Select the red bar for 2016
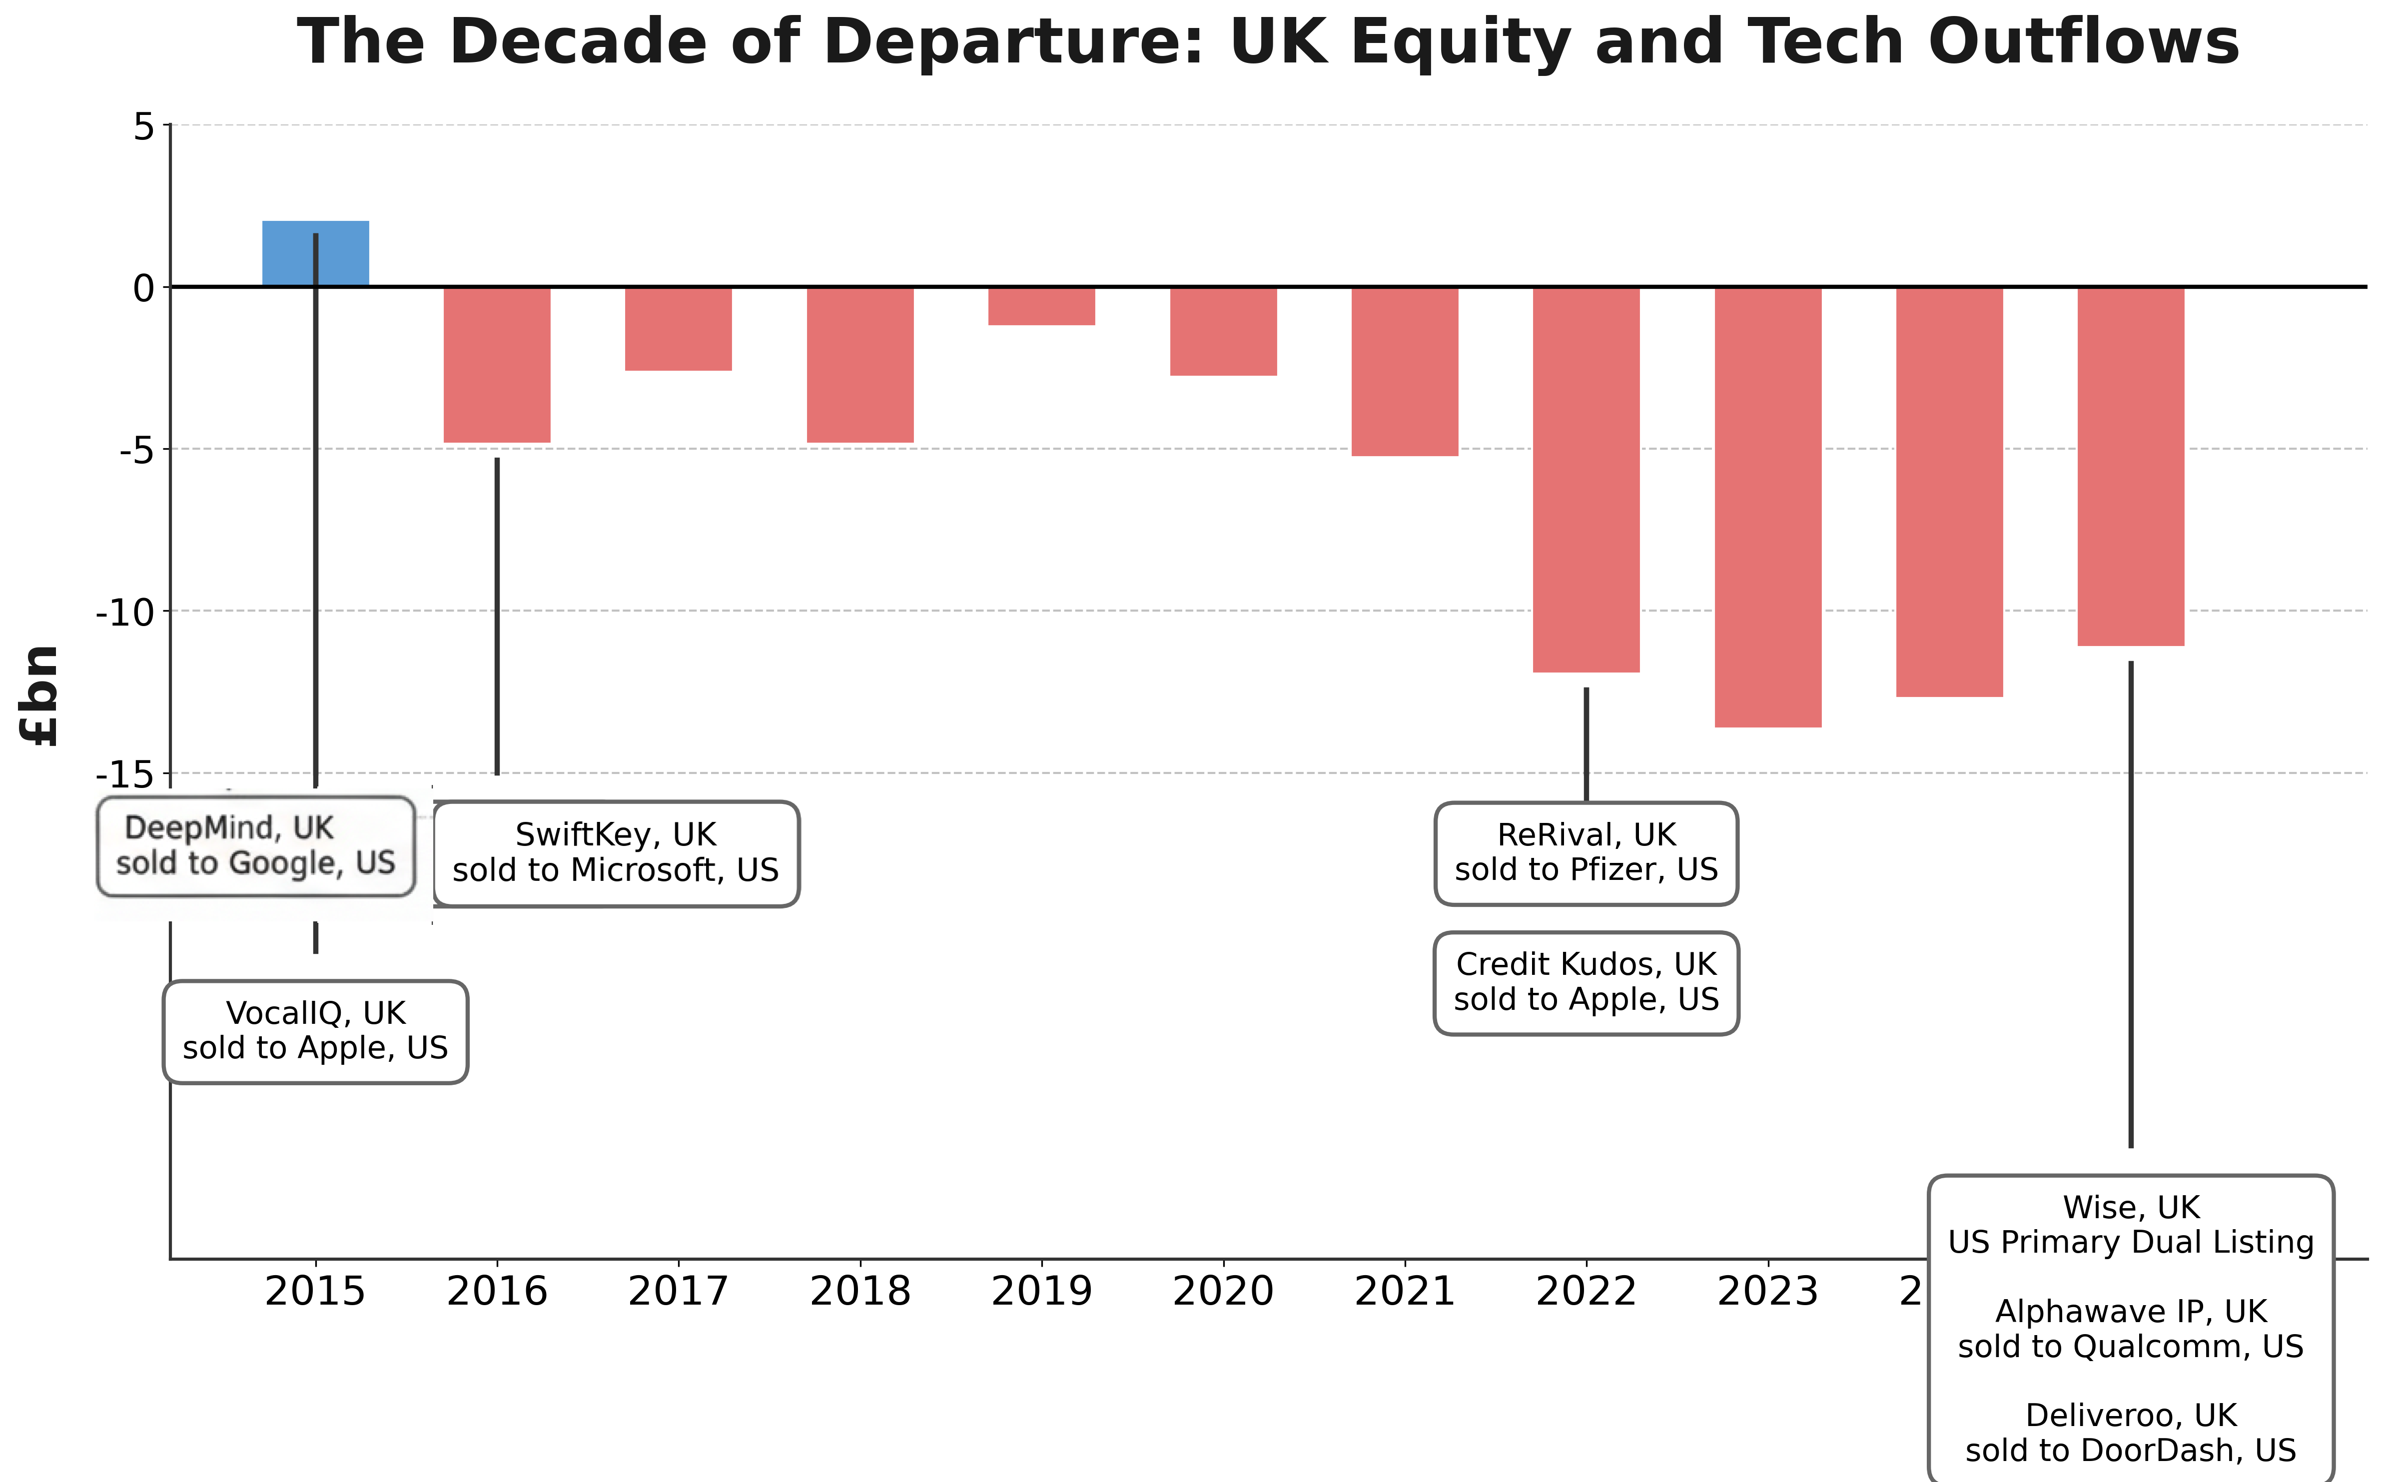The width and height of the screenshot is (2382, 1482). pos(497,365)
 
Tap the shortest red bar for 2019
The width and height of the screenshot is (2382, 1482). pos(1041,306)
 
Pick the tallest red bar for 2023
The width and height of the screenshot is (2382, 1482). pos(1767,507)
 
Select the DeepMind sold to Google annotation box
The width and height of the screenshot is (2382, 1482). pos(256,846)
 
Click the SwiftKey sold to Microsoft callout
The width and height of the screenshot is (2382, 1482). pos(616,853)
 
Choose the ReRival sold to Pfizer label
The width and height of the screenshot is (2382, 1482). pos(1586,853)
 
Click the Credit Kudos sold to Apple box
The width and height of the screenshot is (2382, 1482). pos(1586,982)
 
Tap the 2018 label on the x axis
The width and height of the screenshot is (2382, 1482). pos(859,1292)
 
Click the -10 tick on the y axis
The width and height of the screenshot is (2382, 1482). pos(125,613)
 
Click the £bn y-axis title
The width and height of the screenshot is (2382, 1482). pos(41,696)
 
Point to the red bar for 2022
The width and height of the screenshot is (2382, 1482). pos(1586,479)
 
